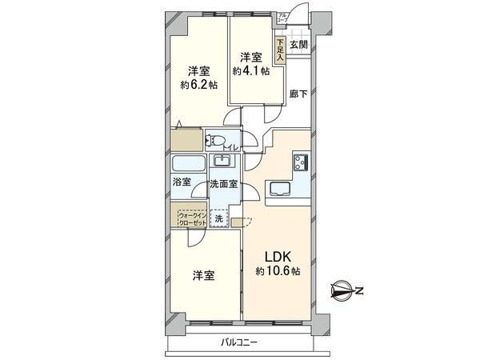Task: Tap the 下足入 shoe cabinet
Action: [280, 50]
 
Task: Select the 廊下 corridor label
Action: [299, 93]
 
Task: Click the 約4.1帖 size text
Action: [250, 71]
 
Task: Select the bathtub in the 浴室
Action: [189, 164]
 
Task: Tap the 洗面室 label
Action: [223, 184]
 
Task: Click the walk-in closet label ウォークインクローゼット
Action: [190, 218]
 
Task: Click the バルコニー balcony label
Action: [242, 343]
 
